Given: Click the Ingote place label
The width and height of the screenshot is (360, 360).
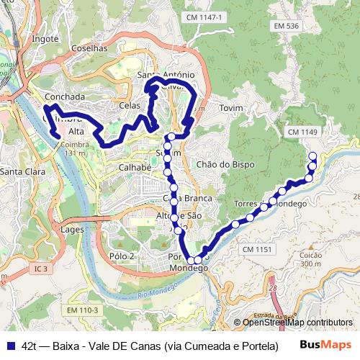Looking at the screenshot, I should pyautogui.click(x=45, y=39).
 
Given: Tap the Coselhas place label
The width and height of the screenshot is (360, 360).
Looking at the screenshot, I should pyautogui.click(x=89, y=48).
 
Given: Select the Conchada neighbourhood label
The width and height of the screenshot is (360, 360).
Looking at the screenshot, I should pyautogui.click(x=65, y=96).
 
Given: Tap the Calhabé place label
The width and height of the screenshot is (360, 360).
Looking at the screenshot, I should pyautogui.click(x=135, y=167).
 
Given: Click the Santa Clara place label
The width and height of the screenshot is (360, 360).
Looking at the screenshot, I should pyautogui.click(x=20, y=171).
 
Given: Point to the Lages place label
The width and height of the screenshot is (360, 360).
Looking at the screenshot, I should pyautogui.click(x=73, y=229).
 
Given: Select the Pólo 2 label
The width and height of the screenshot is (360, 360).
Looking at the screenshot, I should pyautogui.click(x=122, y=256).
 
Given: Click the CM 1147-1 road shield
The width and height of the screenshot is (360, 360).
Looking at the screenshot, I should pyautogui.click(x=205, y=17).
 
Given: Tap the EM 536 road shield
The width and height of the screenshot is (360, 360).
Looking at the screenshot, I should pyautogui.click(x=286, y=26).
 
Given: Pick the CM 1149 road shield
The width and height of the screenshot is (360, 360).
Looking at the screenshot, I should pyautogui.click(x=302, y=132).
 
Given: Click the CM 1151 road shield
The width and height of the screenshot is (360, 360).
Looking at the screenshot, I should pyautogui.click(x=257, y=249).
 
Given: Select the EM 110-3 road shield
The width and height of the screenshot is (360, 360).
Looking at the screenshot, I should pyautogui.click(x=82, y=310).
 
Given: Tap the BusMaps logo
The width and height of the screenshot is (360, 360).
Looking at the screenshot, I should pyautogui.click(x=326, y=344).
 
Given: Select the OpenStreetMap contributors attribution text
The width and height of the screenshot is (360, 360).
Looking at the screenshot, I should pyautogui.click(x=297, y=323).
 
